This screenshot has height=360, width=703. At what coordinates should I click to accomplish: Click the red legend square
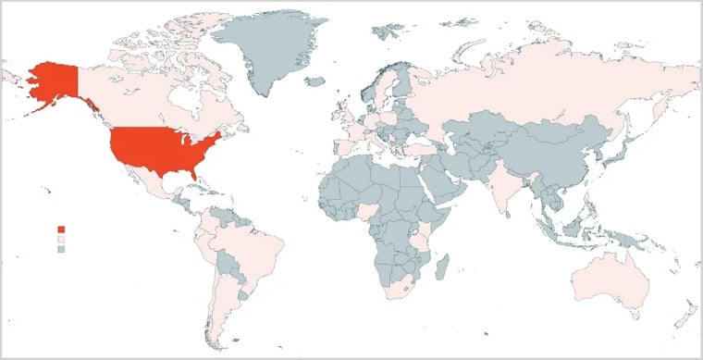62,229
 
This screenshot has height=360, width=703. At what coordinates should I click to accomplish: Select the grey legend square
62,249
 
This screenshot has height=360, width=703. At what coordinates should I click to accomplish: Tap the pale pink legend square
62,239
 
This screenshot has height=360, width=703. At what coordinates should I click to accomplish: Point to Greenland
264,51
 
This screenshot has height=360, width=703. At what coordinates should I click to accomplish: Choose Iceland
314,82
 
